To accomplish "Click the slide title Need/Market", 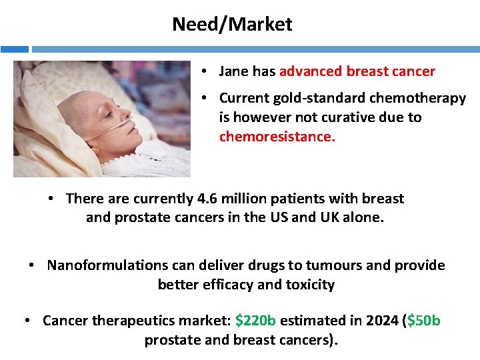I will (232, 25).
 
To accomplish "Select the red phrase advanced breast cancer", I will (357, 71).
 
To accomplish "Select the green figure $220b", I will (255, 321).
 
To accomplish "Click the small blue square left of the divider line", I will (14, 49).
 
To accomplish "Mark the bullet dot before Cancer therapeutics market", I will (27, 321).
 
